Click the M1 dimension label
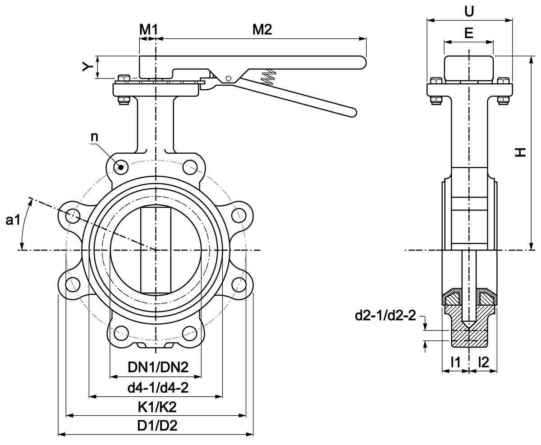point(148,30)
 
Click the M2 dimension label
point(262,30)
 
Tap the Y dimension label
point(87,67)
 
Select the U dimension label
point(469,11)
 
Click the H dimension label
point(520,152)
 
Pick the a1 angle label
point(13,221)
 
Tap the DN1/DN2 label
point(157,367)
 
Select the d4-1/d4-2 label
point(157,387)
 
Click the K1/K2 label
point(157,407)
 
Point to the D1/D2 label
point(157,426)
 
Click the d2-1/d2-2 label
point(385,316)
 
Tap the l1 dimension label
point(455,361)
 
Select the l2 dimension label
point(483,361)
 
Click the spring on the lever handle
point(269,76)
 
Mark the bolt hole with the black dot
point(120,167)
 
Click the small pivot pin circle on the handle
point(229,79)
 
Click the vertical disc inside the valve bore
point(156,250)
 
